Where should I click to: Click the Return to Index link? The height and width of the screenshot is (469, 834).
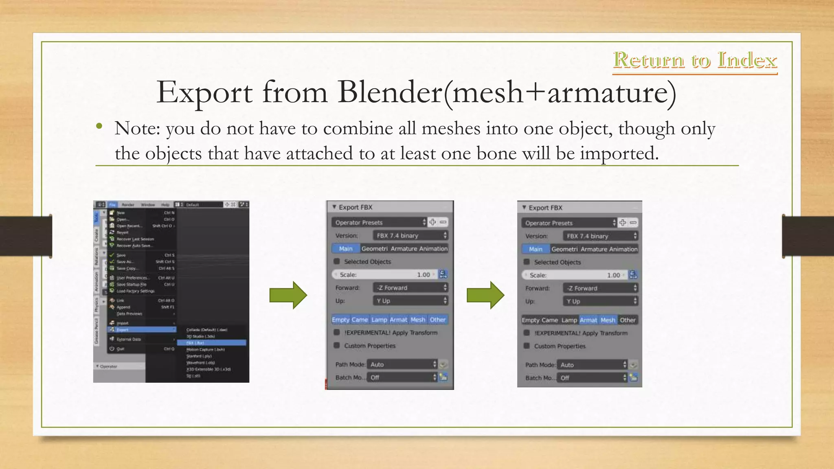tap(695, 60)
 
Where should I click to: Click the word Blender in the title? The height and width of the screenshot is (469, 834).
tap(390, 92)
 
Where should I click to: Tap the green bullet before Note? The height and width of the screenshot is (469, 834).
tap(99, 126)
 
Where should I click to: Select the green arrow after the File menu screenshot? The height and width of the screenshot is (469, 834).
tap(288, 295)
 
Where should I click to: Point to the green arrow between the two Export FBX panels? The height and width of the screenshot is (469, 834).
tap(485, 295)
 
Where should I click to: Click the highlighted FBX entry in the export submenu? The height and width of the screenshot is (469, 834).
tap(212, 343)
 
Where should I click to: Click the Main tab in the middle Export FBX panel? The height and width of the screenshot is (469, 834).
tap(345, 248)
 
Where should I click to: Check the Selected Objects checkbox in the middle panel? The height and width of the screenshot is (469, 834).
tap(337, 261)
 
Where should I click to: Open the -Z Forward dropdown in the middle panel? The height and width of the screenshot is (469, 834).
tap(410, 288)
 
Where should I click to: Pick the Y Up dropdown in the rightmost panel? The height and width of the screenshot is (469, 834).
tap(600, 301)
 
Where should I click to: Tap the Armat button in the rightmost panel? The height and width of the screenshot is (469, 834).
tap(588, 320)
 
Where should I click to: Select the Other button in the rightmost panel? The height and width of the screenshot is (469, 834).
tap(628, 320)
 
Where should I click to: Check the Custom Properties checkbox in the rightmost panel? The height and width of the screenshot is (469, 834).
tap(527, 346)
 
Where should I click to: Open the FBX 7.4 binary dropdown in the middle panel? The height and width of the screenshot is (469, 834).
tap(410, 235)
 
